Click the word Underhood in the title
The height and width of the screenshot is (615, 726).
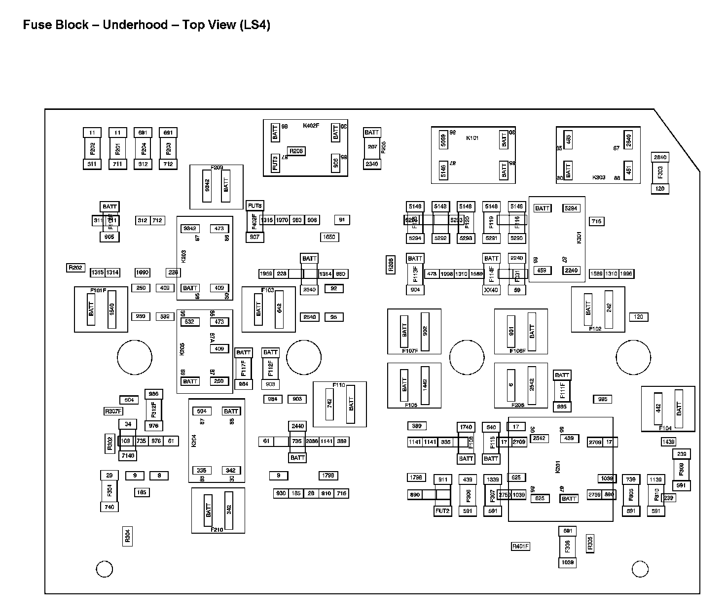coord(135,25)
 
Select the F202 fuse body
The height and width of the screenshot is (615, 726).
coord(92,148)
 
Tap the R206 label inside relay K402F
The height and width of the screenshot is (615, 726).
coord(296,151)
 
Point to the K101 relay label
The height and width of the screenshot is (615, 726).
coord(472,138)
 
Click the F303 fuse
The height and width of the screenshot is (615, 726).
coord(660,172)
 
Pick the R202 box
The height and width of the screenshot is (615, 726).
coord(75,268)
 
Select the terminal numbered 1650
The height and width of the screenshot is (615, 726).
coord(329,237)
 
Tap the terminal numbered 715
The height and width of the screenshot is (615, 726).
coord(596,221)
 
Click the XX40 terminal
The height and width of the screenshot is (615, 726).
coord(491,290)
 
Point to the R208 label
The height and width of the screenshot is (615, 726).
coord(390,265)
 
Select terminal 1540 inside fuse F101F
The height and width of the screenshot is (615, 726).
coord(112,309)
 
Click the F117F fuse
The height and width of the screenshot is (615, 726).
coord(244,368)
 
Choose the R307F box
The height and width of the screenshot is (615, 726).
coord(113,411)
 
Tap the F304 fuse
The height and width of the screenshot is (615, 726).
coord(109,491)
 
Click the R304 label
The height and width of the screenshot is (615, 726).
coord(127,536)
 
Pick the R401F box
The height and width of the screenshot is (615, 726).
coord(520,546)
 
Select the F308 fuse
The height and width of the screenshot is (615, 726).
coord(568,546)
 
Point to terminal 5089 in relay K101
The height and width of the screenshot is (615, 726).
coord(443,141)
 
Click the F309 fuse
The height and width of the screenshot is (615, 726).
coord(682,470)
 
